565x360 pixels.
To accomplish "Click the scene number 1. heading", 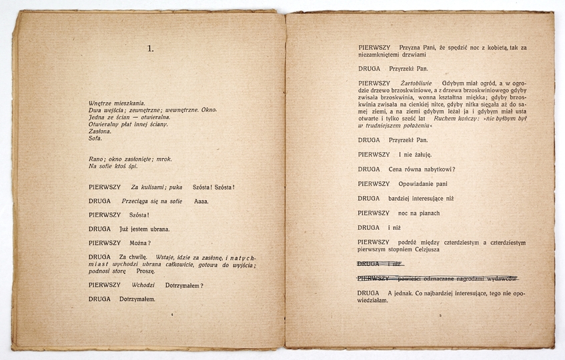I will tap(151, 48).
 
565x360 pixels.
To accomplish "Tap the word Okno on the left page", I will tap(207, 110).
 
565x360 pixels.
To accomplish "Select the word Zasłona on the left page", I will tap(99, 131).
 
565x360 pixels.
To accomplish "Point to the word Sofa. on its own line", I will tap(95, 138).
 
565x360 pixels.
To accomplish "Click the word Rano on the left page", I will tap(97, 159).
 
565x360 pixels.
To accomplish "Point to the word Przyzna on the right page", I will tap(411, 48).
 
